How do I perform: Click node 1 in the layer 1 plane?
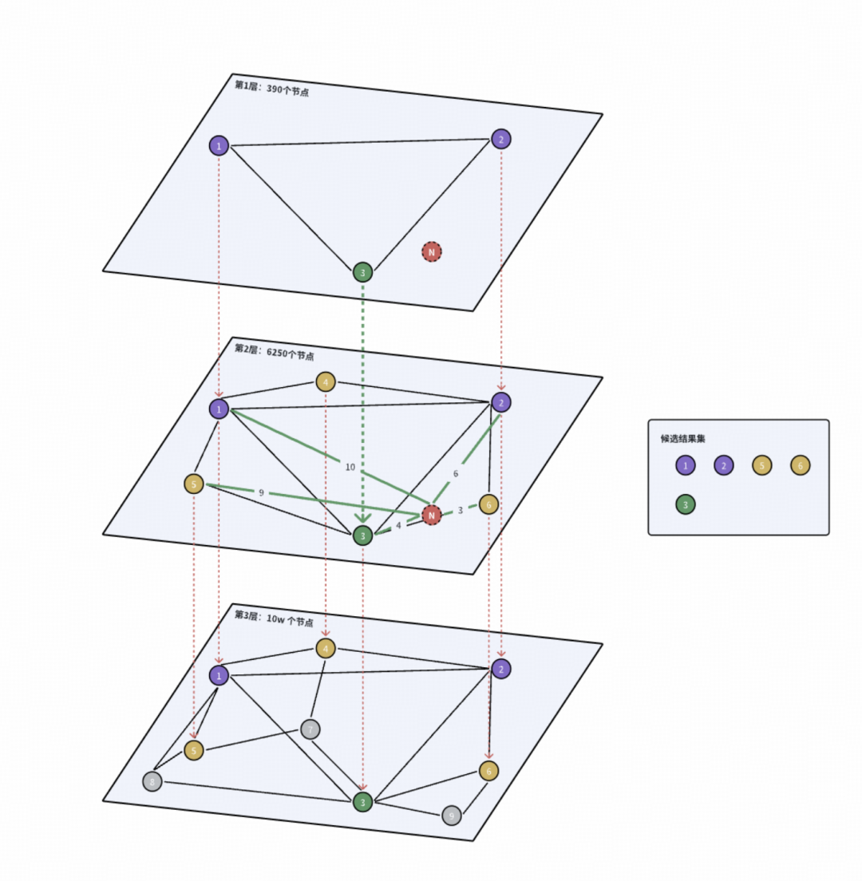[x=219, y=146]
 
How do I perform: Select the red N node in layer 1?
[x=432, y=252]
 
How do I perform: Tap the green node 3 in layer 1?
[x=363, y=272]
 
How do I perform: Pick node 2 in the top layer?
[x=500, y=139]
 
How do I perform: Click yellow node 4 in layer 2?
[x=326, y=381]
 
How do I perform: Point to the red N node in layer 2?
[x=432, y=516]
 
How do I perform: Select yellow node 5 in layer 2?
[x=194, y=484]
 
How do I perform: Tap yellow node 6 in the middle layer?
[x=488, y=504]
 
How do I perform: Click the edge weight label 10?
[x=350, y=467]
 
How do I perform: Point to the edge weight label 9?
[x=261, y=493]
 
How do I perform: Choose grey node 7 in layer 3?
[x=310, y=729]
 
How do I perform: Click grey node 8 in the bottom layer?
[x=152, y=781]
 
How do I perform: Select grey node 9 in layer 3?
[x=452, y=816]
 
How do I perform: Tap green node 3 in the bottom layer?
[x=363, y=802]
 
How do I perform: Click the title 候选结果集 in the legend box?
[x=683, y=438]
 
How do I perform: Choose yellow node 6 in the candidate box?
[x=801, y=465]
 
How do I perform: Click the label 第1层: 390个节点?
[x=271, y=88]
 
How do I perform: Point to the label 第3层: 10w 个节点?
[x=273, y=618]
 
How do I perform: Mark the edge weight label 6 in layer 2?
[x=456, y=473]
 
